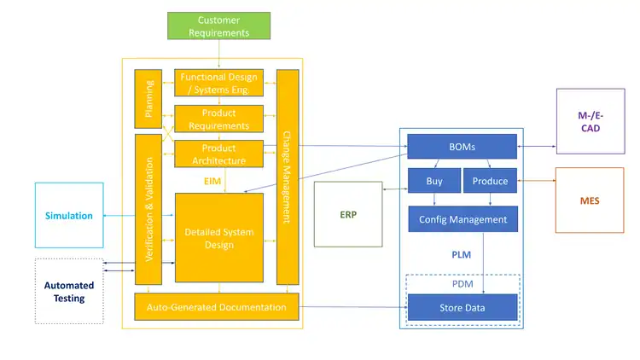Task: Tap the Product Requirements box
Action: (x=219, y=119)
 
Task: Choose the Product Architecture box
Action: (x=219, y=154)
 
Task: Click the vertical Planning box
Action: (x=148, y=98)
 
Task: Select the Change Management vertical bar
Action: (x=288, y=177)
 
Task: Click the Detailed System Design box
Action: (x=219, y=238)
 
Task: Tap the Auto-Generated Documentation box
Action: (x=217, y=306)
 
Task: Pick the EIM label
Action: (x=212, y=181)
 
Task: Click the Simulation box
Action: (x=69, y=216)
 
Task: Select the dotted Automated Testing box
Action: (x=69, y=291)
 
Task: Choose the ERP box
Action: (x=347, y=214)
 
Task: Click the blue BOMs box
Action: (x=462, y=147)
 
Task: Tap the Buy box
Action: (x=434, y=181)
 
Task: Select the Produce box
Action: (x=490, y=181)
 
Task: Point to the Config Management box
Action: (x=463, y=219)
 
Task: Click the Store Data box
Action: (x=463, y=307)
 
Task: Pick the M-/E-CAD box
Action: (x=590, y=121)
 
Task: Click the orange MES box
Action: (x=590, y=200)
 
